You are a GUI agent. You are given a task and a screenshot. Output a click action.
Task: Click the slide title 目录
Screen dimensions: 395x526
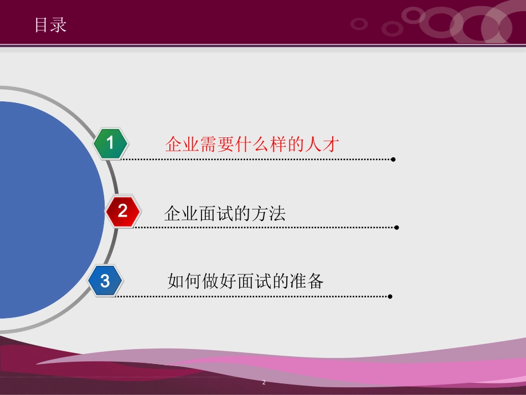pyautogui.click(x=50, y=25)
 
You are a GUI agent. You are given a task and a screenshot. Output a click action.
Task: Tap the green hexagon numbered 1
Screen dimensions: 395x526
pyautogui.click(x=110, y=143)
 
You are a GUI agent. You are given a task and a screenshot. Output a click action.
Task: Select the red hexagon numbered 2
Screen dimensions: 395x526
pyautogui.click(x=123, y=211)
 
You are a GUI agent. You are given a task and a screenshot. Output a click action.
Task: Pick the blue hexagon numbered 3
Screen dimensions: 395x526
pyautogui.click(x=105, y=281)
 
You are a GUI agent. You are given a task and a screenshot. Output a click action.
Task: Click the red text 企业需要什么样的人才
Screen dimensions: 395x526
pyautogui.click(x=252, y=145)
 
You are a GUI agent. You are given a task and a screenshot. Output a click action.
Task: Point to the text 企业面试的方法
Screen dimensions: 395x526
pyautogui.click(x=225, y=213)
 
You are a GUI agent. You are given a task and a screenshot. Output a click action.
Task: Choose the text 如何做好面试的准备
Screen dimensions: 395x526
pyautogui.click(x=245, y=281)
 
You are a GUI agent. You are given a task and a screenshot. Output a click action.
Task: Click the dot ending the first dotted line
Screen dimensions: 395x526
pyautogui.click(x=393, y=160)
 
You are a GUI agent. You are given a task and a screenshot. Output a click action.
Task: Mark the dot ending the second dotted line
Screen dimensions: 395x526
pyautogui.click(x=396, y=227)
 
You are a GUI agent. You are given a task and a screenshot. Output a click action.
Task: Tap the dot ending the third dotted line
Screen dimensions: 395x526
pyautogui.click(x=390, y=296)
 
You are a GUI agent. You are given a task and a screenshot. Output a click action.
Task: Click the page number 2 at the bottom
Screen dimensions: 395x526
pyautogui.click(x=264, y=383)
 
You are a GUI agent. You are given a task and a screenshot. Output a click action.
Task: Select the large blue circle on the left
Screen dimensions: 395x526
pyautogui.click(x=44, y=211)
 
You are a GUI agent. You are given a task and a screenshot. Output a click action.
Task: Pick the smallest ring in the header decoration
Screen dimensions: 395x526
pyautogui.click(x=359, y=24)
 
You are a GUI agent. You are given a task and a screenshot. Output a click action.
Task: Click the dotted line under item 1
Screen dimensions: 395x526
pyautogui.click(x=255, y=160)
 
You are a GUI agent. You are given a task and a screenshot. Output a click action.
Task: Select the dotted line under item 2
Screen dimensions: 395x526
pyautogui.click(x=266, y=227)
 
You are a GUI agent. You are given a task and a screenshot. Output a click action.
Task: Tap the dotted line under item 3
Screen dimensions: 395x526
pyautogui.click(x=252, y=296)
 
